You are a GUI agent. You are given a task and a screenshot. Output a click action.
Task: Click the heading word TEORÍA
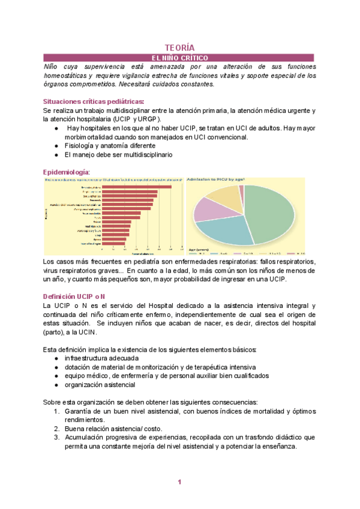pos(180,47)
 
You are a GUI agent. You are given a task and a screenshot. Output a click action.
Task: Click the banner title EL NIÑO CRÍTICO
pos(179,57)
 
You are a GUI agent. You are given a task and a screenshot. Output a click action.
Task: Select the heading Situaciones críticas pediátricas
pos(94,101)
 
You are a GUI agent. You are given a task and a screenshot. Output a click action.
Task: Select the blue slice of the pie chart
pos(225,230)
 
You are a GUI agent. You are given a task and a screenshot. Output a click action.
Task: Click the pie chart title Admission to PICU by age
pos(215,179)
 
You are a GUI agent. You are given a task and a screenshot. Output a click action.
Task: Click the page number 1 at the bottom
pos(179,483)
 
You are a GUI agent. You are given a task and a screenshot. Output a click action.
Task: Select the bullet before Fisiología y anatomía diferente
pos(56,146)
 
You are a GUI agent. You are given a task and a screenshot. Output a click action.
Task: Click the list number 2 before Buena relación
pos(56,429)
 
